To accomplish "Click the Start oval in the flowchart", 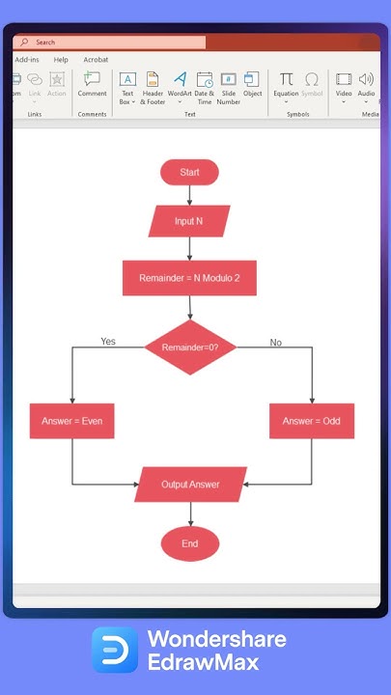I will click(x=189, y=172).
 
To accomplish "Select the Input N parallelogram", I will click(x=189, y=221).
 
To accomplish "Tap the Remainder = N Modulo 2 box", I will click(x=189, y=278).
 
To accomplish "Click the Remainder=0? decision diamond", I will click(x=190, y=347).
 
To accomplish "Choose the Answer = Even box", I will click(x=71, y=421).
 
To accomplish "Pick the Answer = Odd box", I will click(x=311, y=421).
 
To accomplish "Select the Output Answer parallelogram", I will click(x=190, y=485).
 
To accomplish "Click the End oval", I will click(x=189, y=543).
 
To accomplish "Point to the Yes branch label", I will click(x=108, y=342).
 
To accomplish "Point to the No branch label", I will click(x=275, y=343).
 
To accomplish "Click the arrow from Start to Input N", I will click(x=189, y=195).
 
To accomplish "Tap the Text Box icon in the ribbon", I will click(x=126, y=80).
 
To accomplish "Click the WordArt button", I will click(x=180, y=80).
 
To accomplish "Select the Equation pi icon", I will click(x=286, y=79).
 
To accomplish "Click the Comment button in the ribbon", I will click(x=92, y=80).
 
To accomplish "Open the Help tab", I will click(x=61, y=60).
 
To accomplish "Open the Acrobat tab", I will click(x=96, y=60).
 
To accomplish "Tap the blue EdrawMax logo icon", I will click(x=115, y=650).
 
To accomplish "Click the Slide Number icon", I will click(x=228, y=80).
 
